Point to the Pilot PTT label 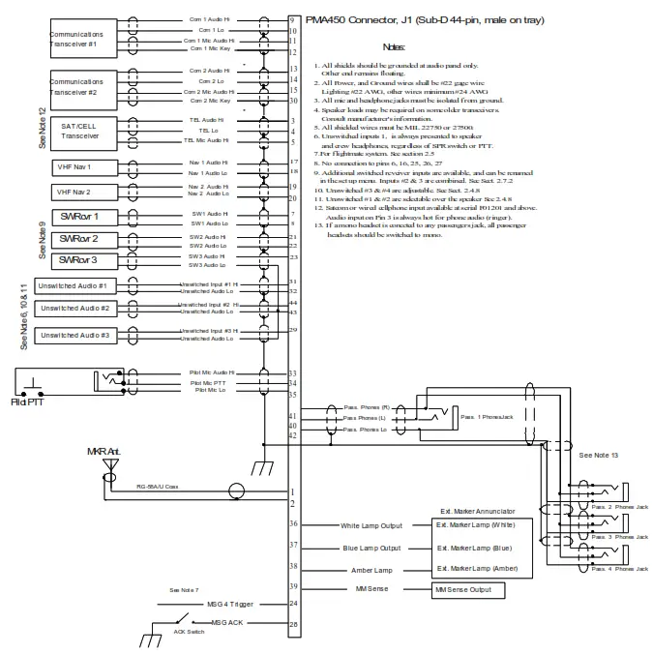[x=26, y=401]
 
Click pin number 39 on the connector [x=294, y=586]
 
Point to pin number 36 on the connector [x=294, y=524]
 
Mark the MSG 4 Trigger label [x=229, y=605]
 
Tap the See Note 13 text [x=600, y=455]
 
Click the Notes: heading [x=394, y=46]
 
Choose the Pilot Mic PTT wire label [x=214, y=381]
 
